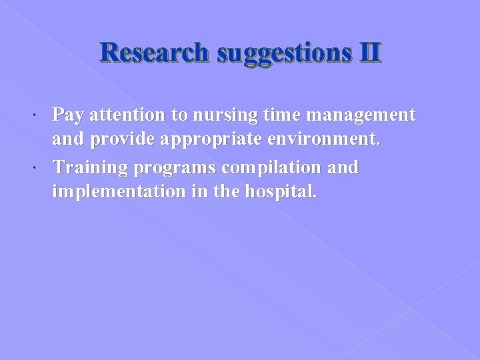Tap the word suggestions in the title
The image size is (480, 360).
(x=281, y=52)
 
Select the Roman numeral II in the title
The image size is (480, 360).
(x=369, y=52)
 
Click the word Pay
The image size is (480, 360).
(x=68, y=116)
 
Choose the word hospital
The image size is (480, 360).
(x=281, y=193)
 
